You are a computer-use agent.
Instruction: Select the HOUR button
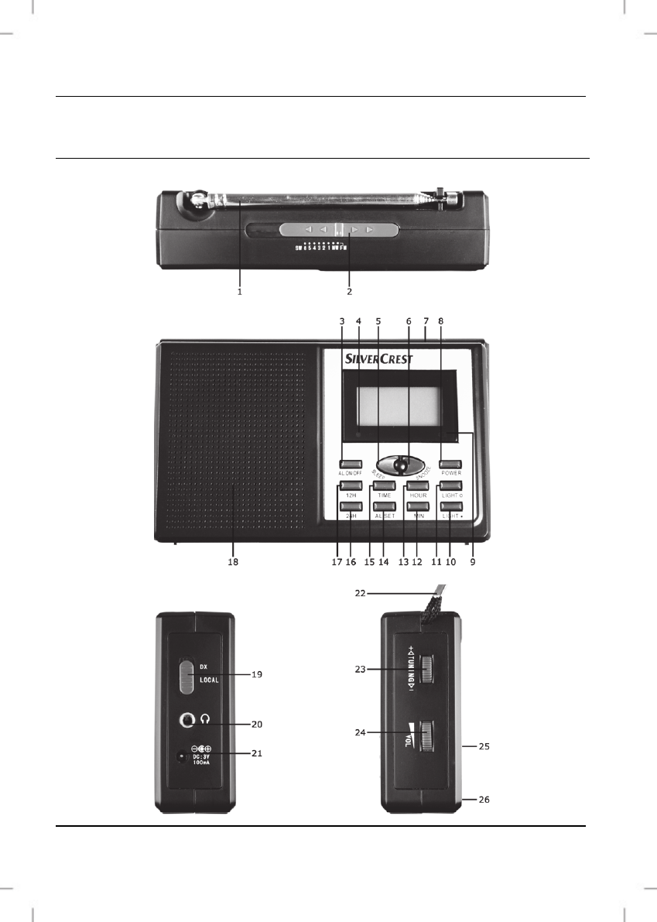[x=418, y=485]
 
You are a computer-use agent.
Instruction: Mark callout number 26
[x=484, y=798]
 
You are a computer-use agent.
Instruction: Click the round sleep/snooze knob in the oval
[x=401, y=464]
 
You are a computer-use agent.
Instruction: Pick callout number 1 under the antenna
[x=240, y=292]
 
